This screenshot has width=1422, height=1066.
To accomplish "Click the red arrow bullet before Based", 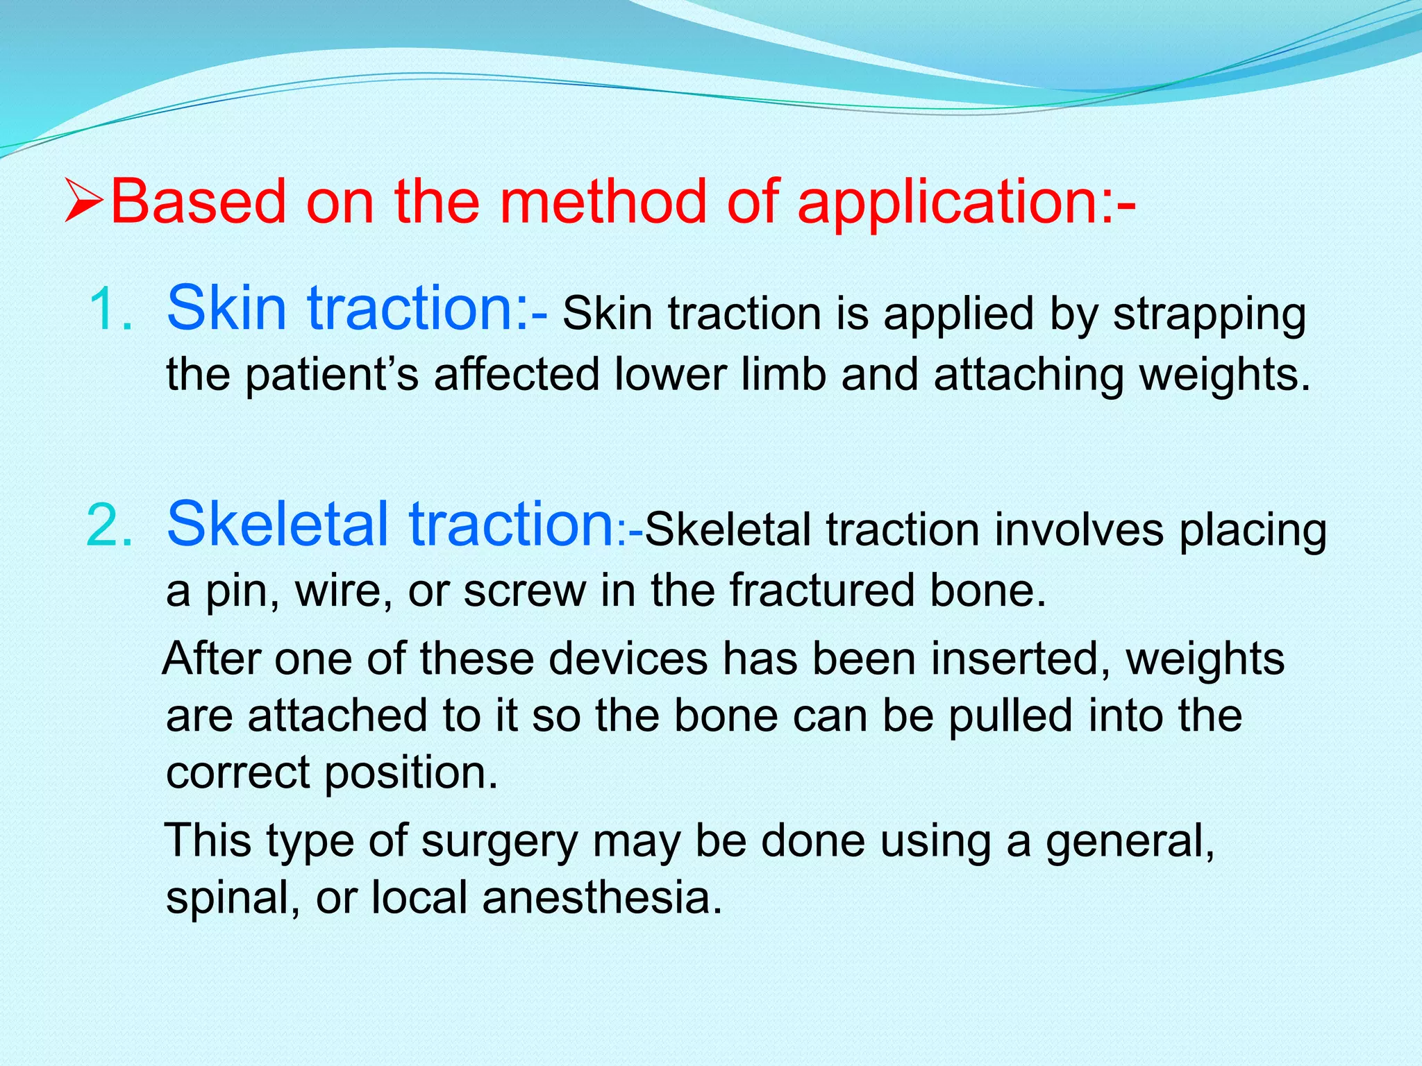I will [84, 201].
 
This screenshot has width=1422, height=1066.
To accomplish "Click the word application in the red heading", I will [948, 203].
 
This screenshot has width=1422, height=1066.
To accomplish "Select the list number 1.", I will [111, 310].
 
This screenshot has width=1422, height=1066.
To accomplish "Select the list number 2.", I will [110, 525].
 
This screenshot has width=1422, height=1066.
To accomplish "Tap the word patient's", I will [332, 375].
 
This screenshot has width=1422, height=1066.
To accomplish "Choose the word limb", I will [783, 375].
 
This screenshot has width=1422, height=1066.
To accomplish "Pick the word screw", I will [524, 591].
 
